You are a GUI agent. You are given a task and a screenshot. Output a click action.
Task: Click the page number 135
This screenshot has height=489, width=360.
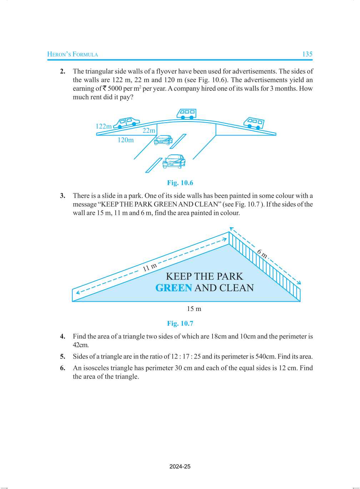[307, 54]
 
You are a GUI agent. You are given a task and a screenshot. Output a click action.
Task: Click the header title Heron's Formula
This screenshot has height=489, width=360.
[72, 54]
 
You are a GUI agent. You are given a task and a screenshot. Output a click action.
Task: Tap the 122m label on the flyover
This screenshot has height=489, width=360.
[104, 126]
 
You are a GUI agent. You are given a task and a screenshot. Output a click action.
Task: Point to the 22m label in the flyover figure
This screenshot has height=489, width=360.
[149, 130]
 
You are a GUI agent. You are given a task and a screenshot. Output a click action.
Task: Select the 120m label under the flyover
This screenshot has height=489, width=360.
[126, 140]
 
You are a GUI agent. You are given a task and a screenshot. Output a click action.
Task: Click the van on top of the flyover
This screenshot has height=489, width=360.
[187, 114]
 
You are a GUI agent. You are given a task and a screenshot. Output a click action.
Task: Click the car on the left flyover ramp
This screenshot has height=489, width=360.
[127, 122]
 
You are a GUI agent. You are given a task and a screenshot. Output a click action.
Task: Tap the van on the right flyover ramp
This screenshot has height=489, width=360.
[254, 123]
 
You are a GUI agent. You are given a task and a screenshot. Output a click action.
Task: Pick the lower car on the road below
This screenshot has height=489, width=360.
[174, 162]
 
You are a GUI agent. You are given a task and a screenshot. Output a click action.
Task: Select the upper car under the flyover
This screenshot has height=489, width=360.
[163, 140]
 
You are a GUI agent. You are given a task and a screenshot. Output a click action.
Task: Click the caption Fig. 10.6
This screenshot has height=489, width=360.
[180, 183]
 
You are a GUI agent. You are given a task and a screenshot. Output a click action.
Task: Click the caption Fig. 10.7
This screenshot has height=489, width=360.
[180, 323]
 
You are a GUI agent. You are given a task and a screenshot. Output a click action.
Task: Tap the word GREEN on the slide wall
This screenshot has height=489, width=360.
[174, 288]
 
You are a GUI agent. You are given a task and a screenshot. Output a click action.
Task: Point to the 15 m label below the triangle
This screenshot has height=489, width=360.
[194, 309]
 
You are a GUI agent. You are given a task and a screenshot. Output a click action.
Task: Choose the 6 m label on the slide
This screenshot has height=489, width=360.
[262, 254]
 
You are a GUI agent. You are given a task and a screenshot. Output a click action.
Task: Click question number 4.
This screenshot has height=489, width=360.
[62, 336]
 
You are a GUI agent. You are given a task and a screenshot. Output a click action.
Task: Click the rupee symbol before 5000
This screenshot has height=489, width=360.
[104, 88]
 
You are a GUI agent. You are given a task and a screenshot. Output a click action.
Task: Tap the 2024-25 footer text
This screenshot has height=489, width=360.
[180, 466]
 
